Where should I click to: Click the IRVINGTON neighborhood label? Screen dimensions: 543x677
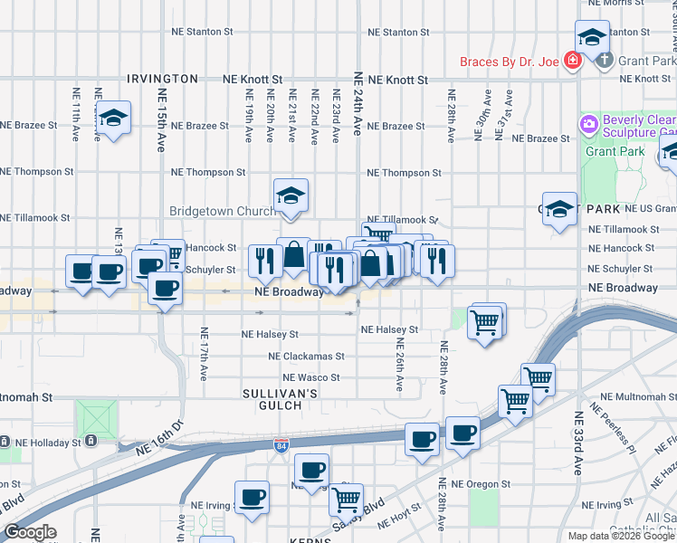click(163, 80)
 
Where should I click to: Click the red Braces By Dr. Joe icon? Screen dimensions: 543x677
click(571, 61)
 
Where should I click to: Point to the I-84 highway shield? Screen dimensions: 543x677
click(281, 445)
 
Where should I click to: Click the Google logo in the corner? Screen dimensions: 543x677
click(30, 532)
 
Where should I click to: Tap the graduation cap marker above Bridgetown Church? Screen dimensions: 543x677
click(291, 195)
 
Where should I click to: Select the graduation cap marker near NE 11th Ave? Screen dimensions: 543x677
click(114, 118)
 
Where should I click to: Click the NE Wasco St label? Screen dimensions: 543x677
click(310, 377)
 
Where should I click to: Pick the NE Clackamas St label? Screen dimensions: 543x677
click(306, 357)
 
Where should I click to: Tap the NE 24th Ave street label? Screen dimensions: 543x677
click(358, 105)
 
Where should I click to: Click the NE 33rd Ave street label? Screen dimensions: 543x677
click(577, 443)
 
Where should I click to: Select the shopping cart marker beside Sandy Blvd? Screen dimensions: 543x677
click(346, 498)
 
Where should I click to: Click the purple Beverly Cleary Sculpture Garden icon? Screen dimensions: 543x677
click(589, 122)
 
